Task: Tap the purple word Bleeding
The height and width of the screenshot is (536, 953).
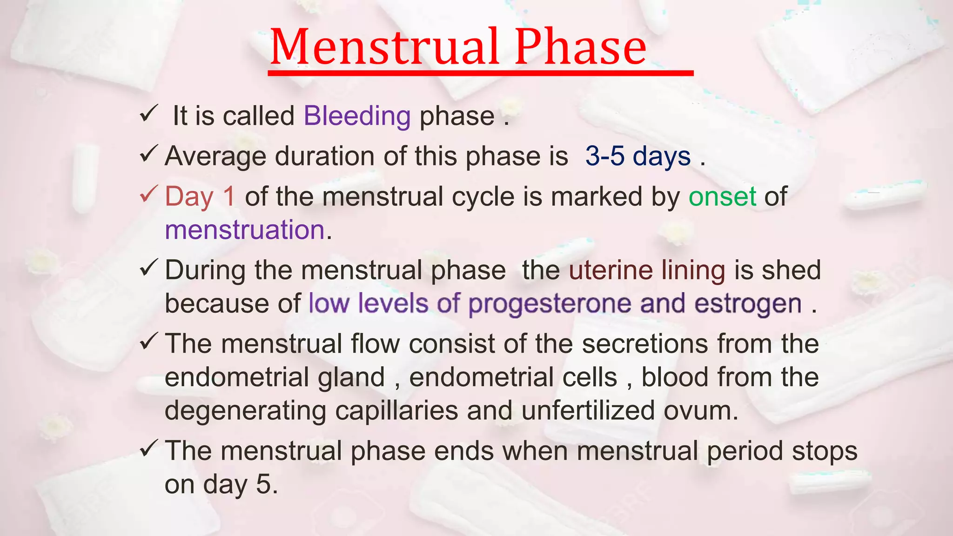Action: pyautogui.click(x=357, y=115)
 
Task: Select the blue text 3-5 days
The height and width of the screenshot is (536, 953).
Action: pyautogui.click(x=638, y=156)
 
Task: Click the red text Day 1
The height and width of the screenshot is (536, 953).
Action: pyautogui.click(x=200, y=196)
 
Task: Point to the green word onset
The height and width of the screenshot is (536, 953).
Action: pyautogui.click(x=722, y=196)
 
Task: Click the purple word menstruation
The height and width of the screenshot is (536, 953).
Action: pyautogui.click(x=245, y=230)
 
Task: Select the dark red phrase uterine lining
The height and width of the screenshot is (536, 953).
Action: pyautogui.click(x=647, y=270)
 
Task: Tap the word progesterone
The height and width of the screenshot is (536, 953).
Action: pyautogui.click(x=550, y=304)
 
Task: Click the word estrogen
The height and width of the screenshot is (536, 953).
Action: pyautogui.click(x=748, y=304)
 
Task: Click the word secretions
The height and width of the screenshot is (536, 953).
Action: pyautogui.click(x=644, y=344)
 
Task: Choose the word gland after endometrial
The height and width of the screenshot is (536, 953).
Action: pyautogui.click(x=351, y=377)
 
